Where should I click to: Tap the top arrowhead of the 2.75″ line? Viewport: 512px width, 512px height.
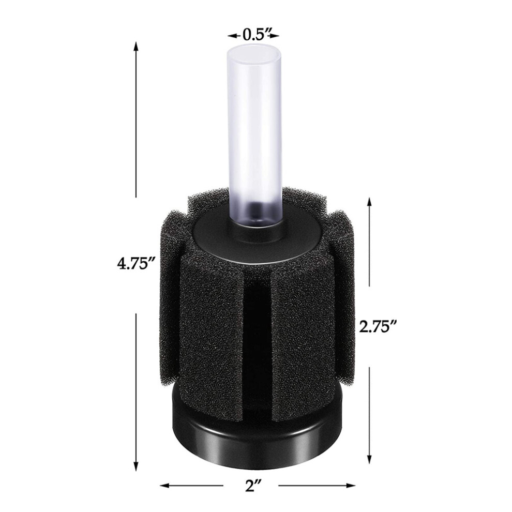369,202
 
